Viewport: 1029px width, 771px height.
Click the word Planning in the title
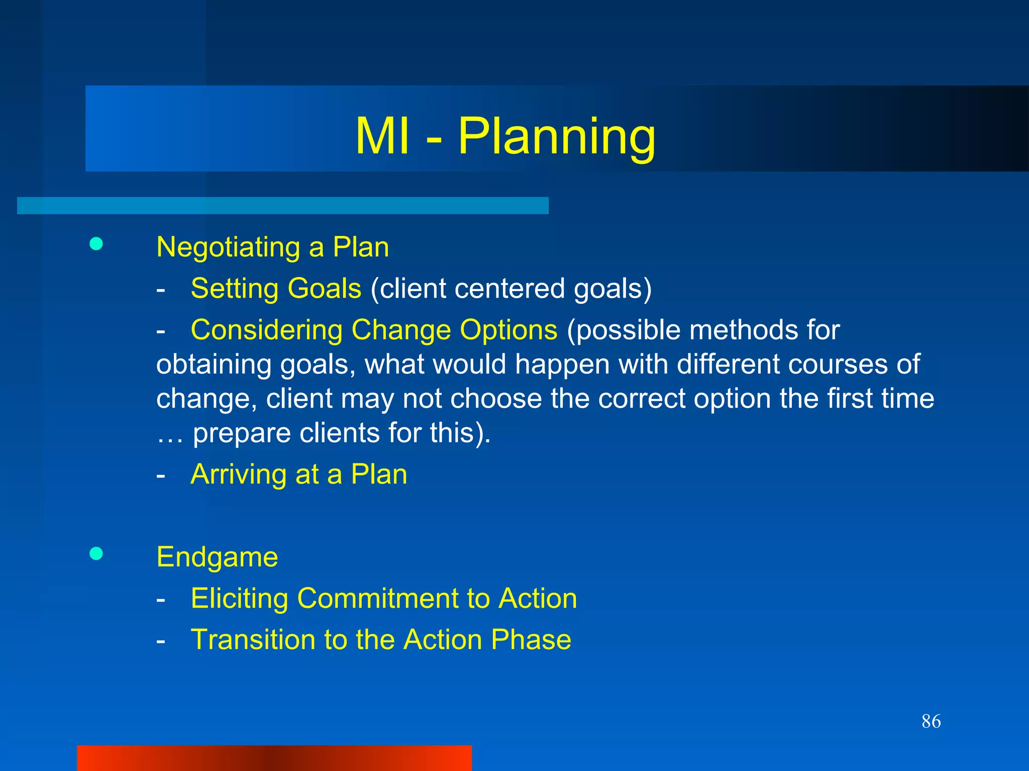(556, 137)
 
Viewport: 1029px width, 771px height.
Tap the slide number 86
(931, 721)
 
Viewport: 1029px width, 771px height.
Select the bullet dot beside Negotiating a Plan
(96, 244)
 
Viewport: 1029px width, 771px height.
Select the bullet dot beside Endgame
(96, 554)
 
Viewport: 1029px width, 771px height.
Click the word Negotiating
(228, 247)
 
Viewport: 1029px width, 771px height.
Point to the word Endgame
(217, 557)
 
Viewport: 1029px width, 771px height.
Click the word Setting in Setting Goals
(234, 289)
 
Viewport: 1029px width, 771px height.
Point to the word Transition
(253, 639)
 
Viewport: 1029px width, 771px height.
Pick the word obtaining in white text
(214, 364)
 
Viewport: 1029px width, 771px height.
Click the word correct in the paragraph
(641, 399)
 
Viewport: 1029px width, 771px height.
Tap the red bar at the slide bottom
(274, 758)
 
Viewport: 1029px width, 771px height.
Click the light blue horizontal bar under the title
(282, 205)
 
